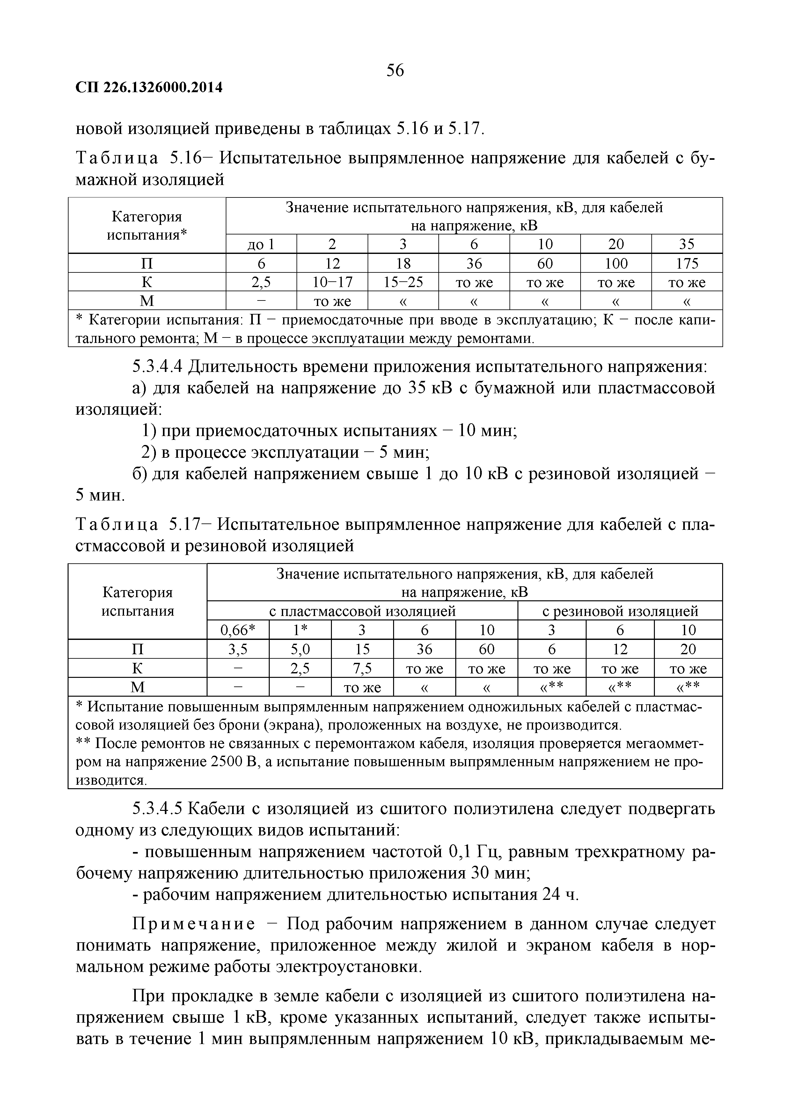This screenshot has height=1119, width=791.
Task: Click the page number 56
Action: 395,71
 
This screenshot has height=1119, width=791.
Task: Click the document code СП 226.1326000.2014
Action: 149,88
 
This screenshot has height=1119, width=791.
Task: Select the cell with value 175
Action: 687,264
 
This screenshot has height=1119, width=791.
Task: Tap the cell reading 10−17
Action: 332,282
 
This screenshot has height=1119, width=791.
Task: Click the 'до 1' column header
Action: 261,244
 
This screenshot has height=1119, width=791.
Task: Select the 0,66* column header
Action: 238,630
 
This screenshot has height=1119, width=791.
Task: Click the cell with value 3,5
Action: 238,649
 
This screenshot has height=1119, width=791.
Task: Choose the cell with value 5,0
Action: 300,649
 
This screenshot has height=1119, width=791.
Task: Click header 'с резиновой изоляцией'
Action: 620,611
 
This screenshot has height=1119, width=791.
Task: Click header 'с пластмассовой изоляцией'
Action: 363,611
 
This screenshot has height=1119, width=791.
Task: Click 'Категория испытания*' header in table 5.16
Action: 147,226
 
